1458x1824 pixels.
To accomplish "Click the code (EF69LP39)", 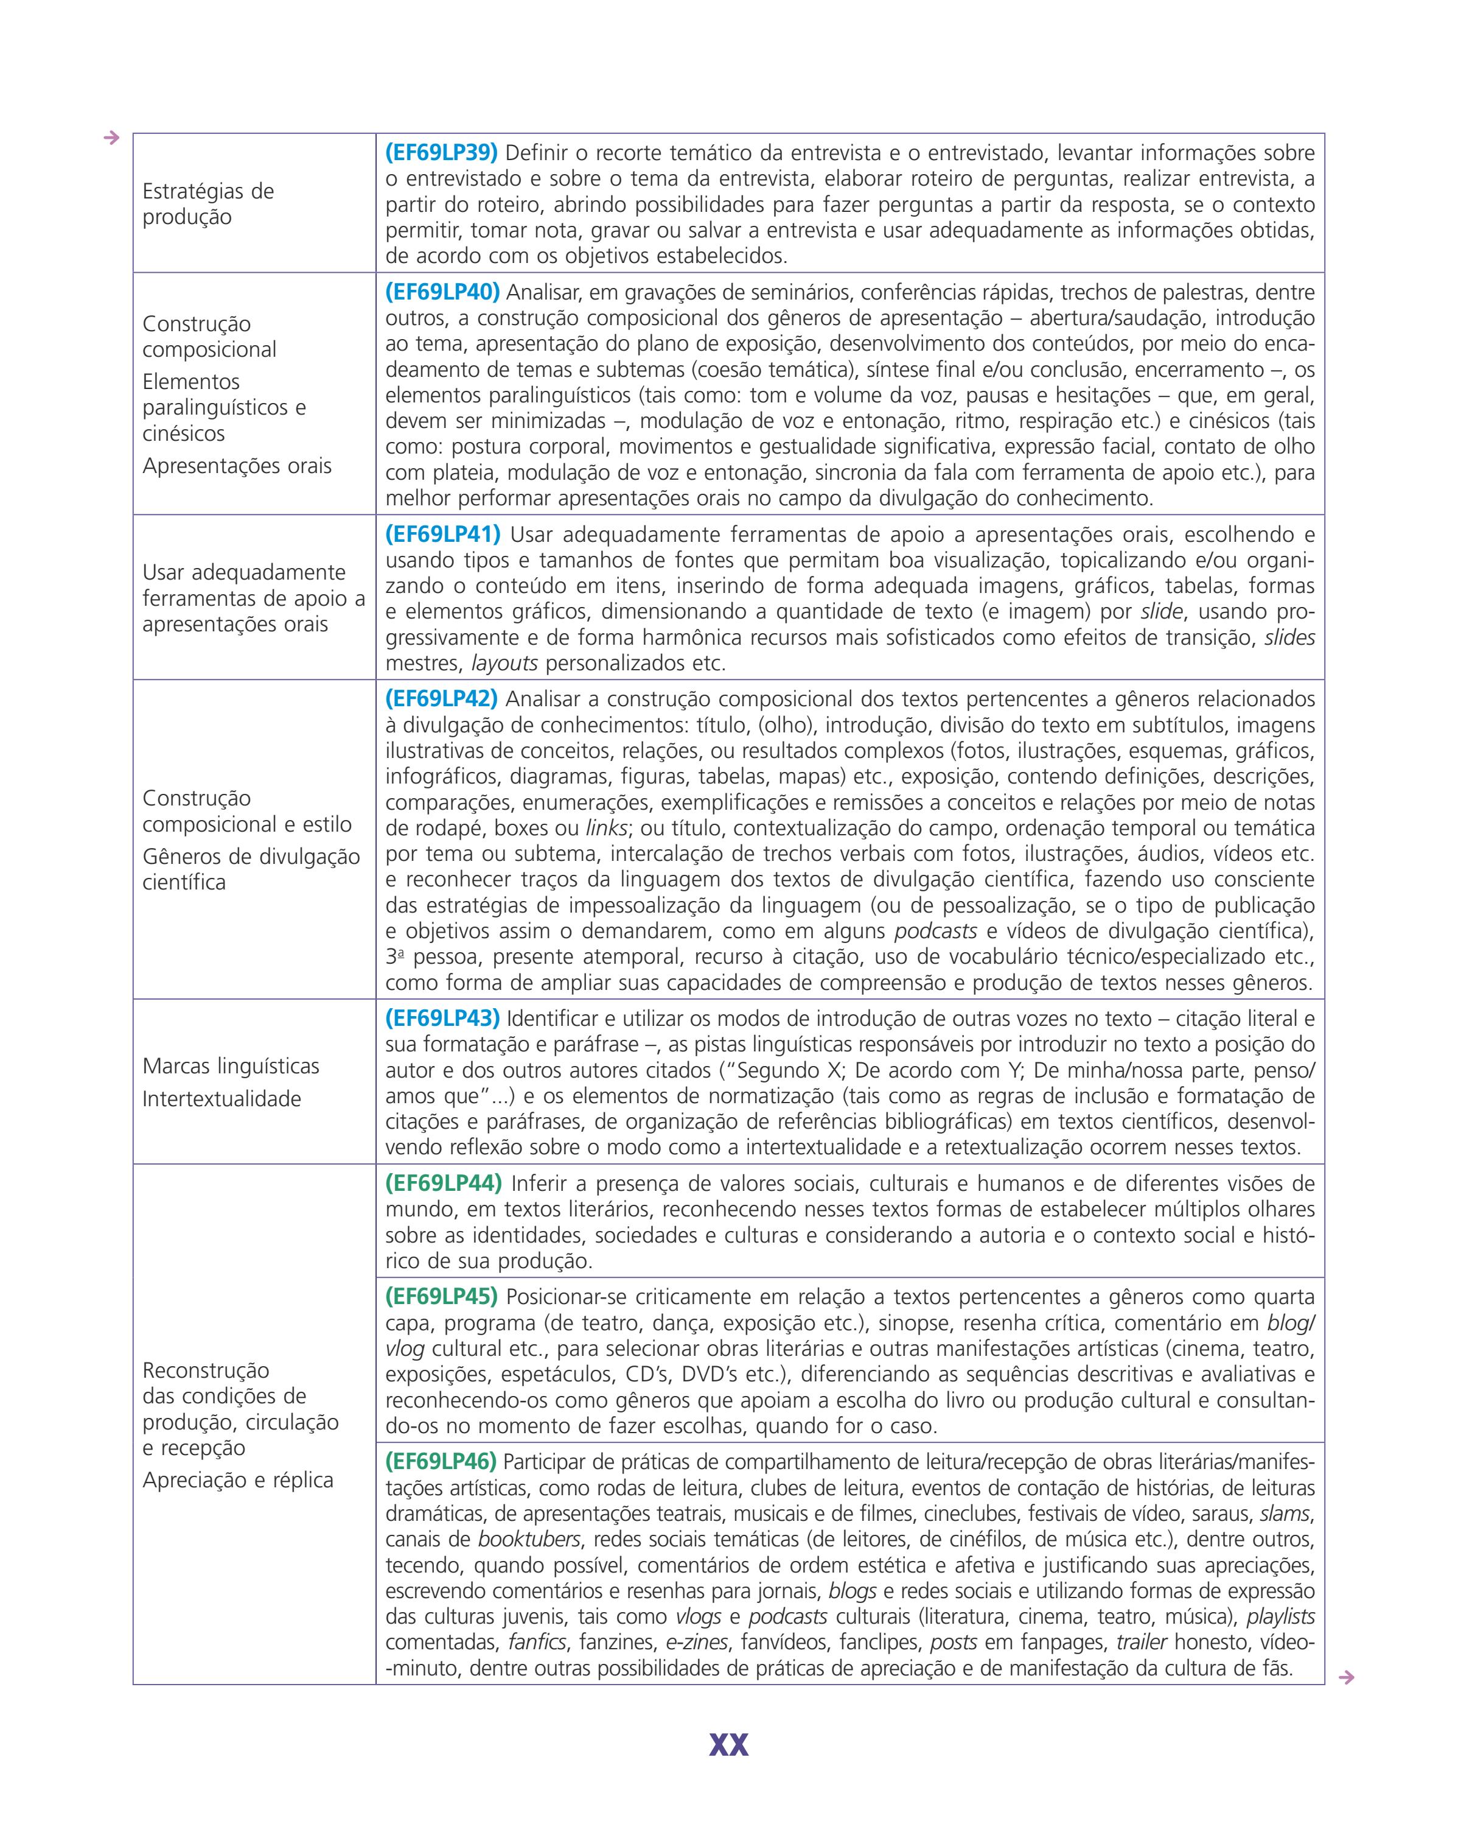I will click(441, 153).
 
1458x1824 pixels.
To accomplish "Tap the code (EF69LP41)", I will click(442, 535).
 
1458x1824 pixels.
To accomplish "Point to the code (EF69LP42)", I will click(441, 699).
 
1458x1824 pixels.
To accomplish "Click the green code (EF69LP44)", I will click(443, 1183).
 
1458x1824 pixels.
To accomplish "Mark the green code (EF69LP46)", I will click(441, 1461).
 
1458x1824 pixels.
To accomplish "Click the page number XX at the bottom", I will click(728, 1744).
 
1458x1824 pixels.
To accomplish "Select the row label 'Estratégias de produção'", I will click(208, 204).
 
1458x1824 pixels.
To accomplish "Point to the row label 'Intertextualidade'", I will click(221, 1099).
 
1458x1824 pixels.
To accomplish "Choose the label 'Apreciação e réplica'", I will click(238, 1479).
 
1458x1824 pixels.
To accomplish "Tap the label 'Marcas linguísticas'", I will click(231, 1066).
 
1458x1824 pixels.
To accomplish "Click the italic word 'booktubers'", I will click(529, 1539).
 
